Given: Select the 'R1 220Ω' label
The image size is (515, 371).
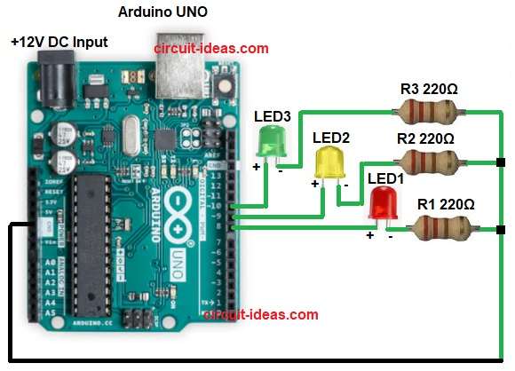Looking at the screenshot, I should coord(446,205).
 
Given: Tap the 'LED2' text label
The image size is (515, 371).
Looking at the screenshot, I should coord(332,138).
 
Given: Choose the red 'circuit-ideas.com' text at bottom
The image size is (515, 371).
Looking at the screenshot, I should coord(260,314).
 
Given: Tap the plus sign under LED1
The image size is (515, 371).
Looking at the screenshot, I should coord(370,235).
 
